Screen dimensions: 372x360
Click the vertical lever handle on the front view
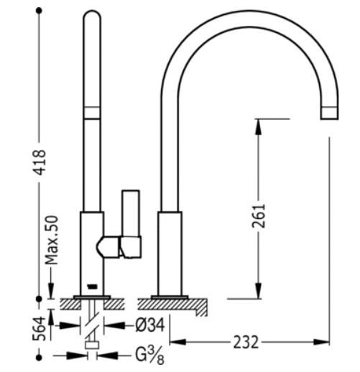click(131, 223)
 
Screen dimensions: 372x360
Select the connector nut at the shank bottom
click(91, 346)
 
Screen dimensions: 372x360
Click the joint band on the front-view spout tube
click(91, 111)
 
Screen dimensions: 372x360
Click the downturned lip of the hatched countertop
click(203, 308)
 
